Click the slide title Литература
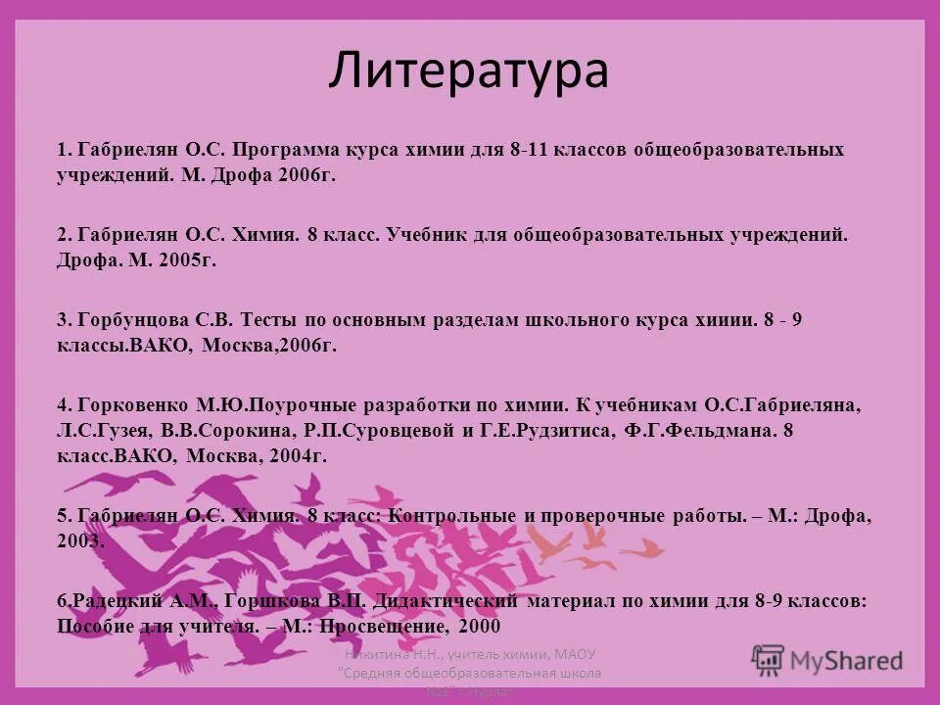(468, 70)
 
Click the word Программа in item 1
(286, 151)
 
